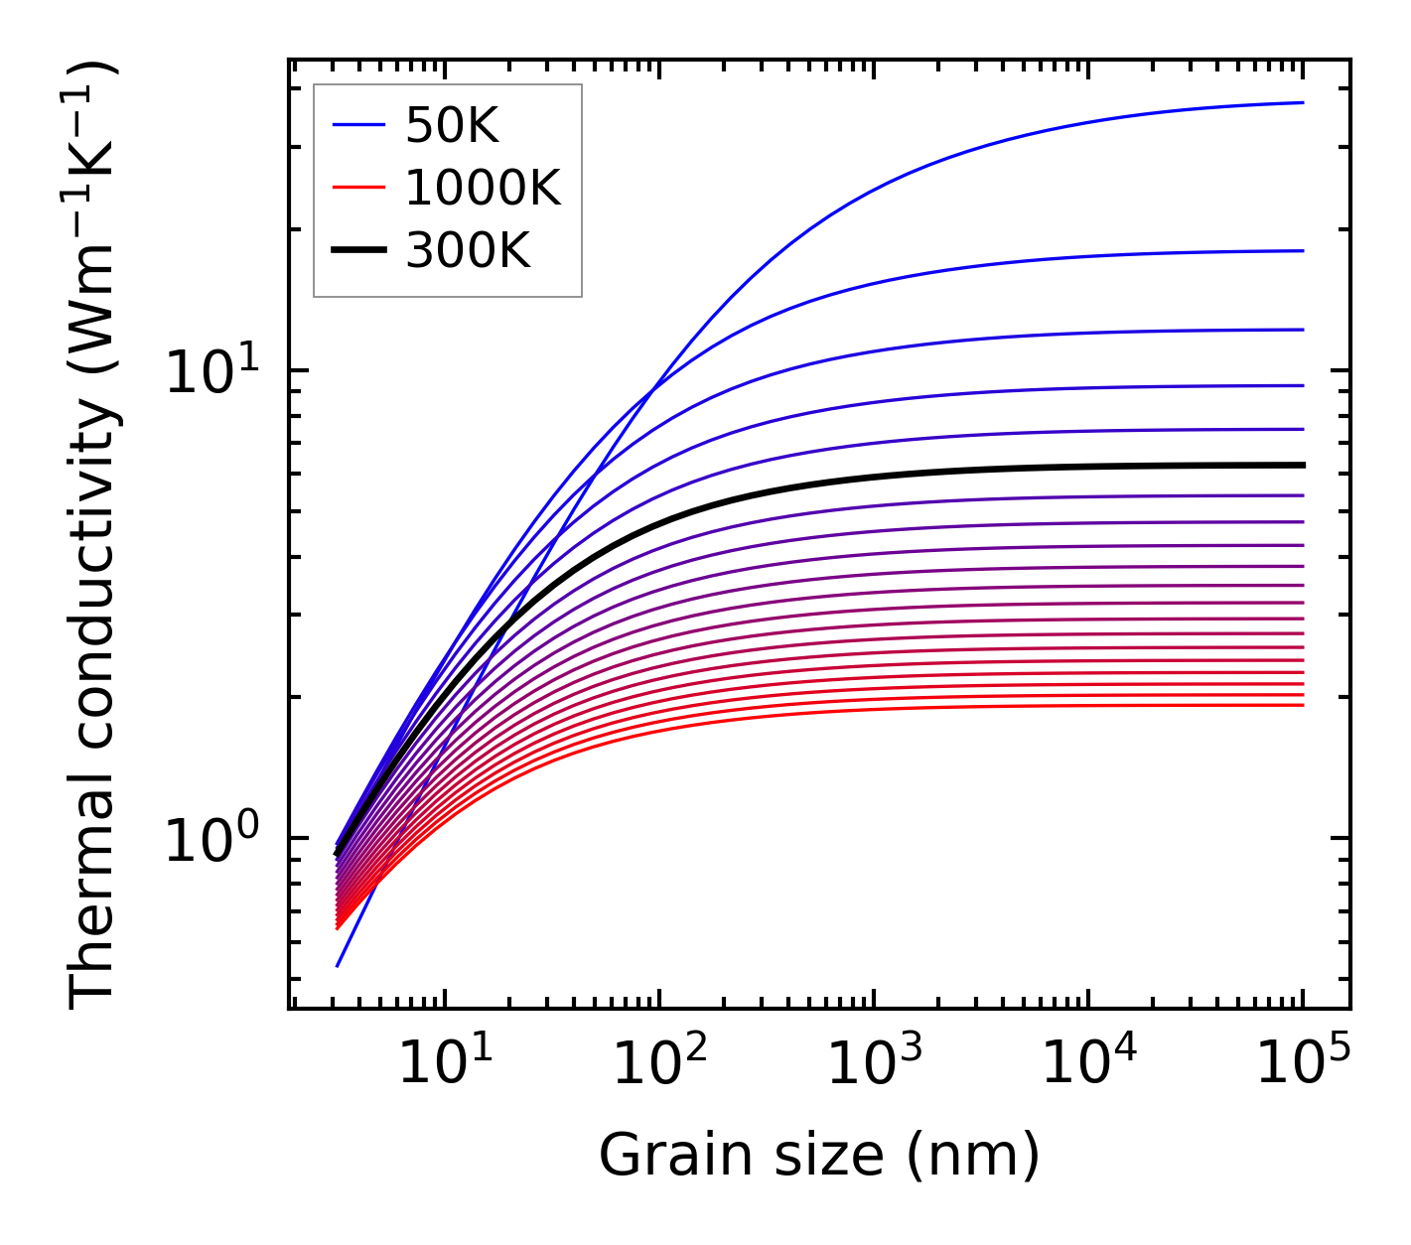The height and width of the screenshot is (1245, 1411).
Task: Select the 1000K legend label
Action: tap(484, 188)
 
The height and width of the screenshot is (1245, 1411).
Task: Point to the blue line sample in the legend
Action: tap(357, 125)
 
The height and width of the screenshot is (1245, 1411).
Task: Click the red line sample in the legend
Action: tap(357, 188)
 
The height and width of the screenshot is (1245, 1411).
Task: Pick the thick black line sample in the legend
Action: tap(357, 251)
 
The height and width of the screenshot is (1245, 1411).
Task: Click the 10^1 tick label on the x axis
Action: tap(444, 1067)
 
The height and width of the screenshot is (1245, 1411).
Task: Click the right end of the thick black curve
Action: tap(1303, 465)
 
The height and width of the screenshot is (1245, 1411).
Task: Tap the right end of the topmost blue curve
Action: tap(1303, 102)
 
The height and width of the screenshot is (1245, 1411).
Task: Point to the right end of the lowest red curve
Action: tap(1303, 705)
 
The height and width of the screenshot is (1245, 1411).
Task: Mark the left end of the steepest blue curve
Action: tap(338, 966)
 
